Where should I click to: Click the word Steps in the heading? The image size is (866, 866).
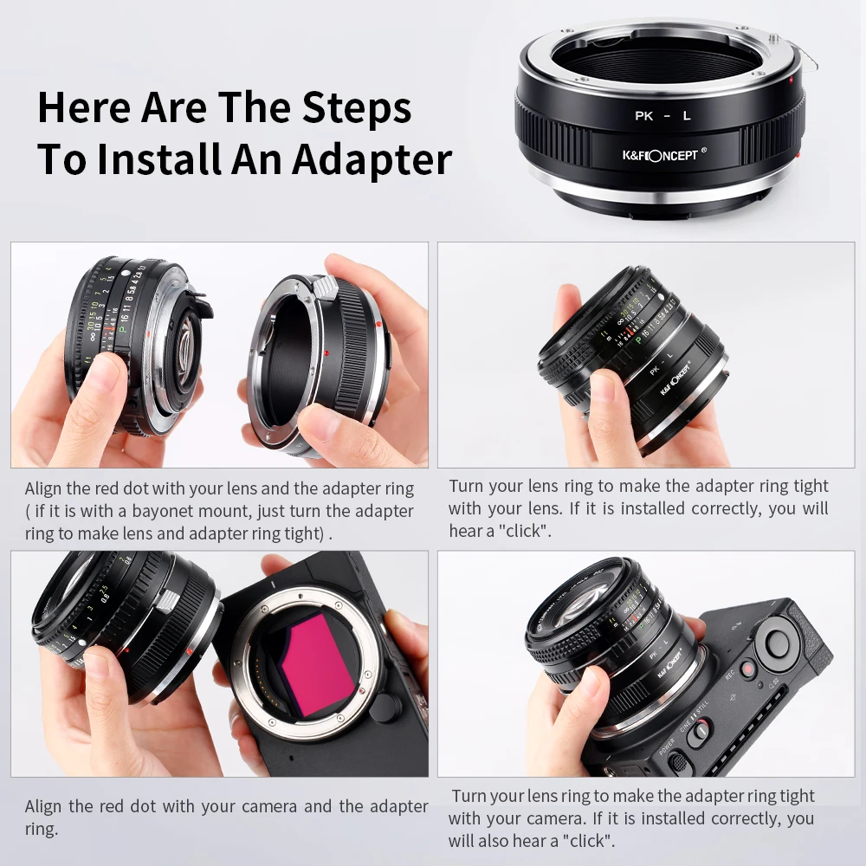[x=356, y=108]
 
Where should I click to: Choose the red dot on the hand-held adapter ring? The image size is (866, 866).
[x=326, y=353]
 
